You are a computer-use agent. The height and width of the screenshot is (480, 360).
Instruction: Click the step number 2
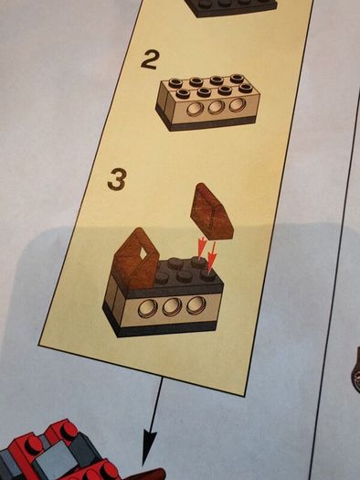point(150,60)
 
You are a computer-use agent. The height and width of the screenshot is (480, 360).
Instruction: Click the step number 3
point(117,180)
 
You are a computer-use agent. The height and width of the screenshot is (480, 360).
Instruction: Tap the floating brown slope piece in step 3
point(212,211)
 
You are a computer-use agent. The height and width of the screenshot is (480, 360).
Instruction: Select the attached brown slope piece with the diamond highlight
point(135,259)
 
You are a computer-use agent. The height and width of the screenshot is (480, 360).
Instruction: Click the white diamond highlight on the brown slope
point(143,253)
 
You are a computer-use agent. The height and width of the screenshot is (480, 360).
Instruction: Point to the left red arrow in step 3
point(202,249)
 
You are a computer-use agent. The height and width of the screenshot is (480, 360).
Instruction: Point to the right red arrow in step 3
point(212,257)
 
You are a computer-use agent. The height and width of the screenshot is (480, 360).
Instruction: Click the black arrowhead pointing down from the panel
point(149,447)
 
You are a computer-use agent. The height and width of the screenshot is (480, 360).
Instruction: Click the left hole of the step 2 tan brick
point(195,110)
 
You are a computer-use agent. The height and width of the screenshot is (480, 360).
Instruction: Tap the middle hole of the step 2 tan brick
point(216,107)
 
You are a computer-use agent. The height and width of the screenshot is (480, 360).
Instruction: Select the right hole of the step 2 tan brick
point(237,105)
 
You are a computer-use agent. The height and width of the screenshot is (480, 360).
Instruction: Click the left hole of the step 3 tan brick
point(147,308)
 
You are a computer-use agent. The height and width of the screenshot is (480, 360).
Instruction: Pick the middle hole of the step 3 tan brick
point(172,306)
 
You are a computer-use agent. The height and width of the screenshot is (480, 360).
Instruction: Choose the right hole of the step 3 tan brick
point(196,304)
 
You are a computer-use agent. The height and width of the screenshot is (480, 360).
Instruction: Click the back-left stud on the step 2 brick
point(175,82)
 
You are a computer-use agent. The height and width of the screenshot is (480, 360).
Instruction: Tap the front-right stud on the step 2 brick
point(245,88)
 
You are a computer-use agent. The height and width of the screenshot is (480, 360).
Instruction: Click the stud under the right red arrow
point(208,273)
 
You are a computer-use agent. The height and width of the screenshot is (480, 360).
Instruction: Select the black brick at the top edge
point(231,7)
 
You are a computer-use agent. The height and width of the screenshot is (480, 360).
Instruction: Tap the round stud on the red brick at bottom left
point(32,443)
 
